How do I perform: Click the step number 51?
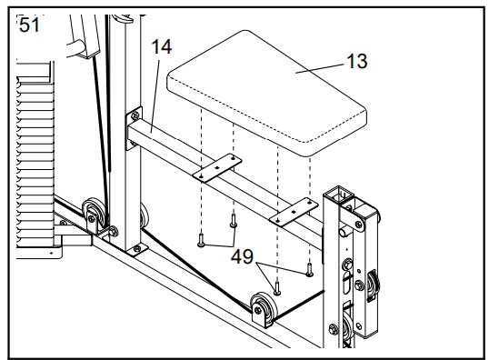click(x=29, y=25)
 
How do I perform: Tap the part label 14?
click(x=162, y=47)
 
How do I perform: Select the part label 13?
click(x=357, y=61)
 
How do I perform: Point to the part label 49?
click(x=242, y=256)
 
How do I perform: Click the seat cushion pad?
click(x=266, y=93)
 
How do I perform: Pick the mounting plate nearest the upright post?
click(x=217, y=168)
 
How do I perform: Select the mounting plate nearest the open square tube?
click(x=294, y=212)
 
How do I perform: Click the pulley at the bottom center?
click(x=264, y=309)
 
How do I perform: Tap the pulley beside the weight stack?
click(x=93, y=215)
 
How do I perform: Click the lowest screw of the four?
click(x=277, y=287)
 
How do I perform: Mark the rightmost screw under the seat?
click(x=309, y=270)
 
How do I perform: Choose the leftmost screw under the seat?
click(x=201, y=240)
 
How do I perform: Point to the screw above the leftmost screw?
click(x=234, y=221)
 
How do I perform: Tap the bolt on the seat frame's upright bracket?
click(x=135, y=116)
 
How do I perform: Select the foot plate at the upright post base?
click(x=136, y=250)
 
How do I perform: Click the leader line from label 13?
click(x=320, y=68)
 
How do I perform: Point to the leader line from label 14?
click(x=155, y=96)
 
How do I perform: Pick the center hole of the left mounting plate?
click(x=217, y=168)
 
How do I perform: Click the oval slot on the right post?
click(x=347, y=283)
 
